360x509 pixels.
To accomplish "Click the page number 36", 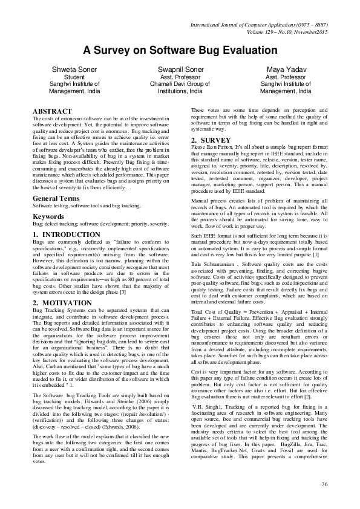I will click(324, 484).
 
